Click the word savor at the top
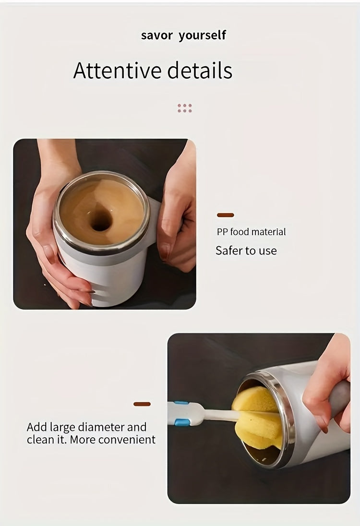[156, 36]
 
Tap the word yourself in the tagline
[202, 36]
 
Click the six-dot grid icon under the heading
[185, 108]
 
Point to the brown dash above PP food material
[226, 215]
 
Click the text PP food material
[251, 232]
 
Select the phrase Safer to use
[246, 251]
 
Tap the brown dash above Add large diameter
[142, 404]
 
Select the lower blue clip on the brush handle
[180, 422]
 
